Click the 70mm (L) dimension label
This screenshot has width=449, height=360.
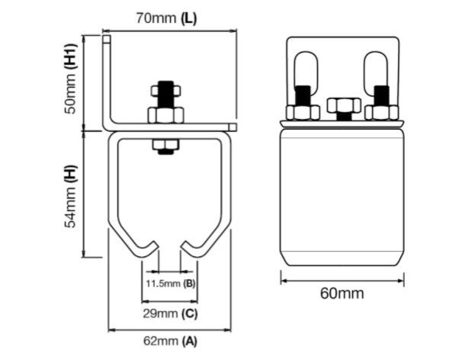[x=166, y=18]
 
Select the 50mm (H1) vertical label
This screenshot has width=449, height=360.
[x=71, y=79]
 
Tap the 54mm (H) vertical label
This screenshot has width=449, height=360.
[x=71, y=196]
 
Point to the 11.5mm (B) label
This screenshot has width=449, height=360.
[x=171, y=284]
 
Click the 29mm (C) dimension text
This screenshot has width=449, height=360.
[x=171, y=313]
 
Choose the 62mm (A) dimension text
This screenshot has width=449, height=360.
[x=170, y=341]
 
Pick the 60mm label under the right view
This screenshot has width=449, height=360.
[x=342, y=294]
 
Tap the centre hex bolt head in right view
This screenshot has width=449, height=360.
[x=344, y=105]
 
